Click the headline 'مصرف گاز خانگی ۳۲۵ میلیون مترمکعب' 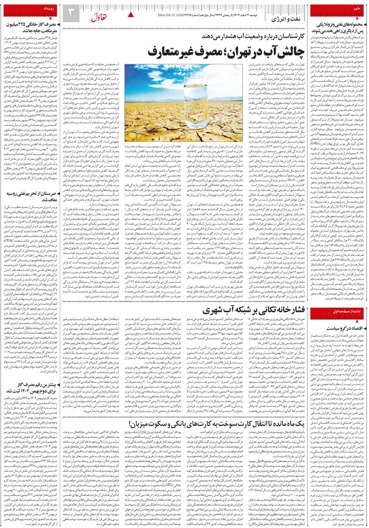tap(32, 26)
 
